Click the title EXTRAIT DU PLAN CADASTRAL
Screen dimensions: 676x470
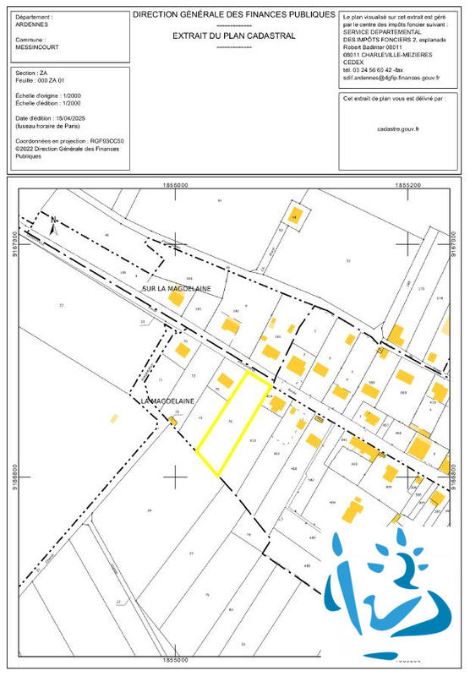pyautogui.click(x=234, y=36)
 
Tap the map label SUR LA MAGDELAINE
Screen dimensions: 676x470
pyautogui.click(x=176, y=289)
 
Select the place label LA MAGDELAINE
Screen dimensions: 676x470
pyautogui.click(x=163, y=400)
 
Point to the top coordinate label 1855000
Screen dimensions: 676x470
pyautogui.click(x=176, y=183)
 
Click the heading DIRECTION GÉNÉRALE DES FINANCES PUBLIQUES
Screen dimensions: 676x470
pyautogui.click(x=234, y=16)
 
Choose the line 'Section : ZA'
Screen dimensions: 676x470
pyautogui.click(x=31, y=74)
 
